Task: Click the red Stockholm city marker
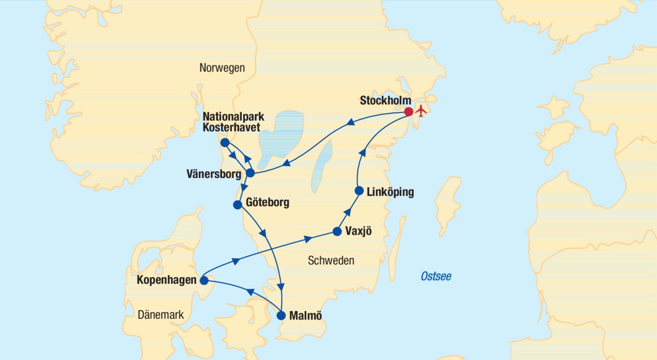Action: [408, 112]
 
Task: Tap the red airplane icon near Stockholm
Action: [421, 111]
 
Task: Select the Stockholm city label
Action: [385, 101]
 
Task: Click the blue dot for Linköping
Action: [359, 191]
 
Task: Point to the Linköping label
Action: [391, 192]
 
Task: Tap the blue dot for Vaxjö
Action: [337, 231]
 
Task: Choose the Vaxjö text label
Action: [359, 231]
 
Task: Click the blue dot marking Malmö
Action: [281, 316]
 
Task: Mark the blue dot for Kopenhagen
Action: [204, 281]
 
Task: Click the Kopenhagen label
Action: [167, 281]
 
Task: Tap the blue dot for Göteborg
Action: [238, 205]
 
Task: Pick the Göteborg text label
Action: [268, 203]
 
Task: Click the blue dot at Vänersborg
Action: [250, 173]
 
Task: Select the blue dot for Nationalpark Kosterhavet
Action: [224, 142]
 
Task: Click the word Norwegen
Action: [222, 68]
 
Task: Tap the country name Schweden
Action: [331, 261]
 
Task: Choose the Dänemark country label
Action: [160, 315]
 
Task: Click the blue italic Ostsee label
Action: [436, 276]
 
